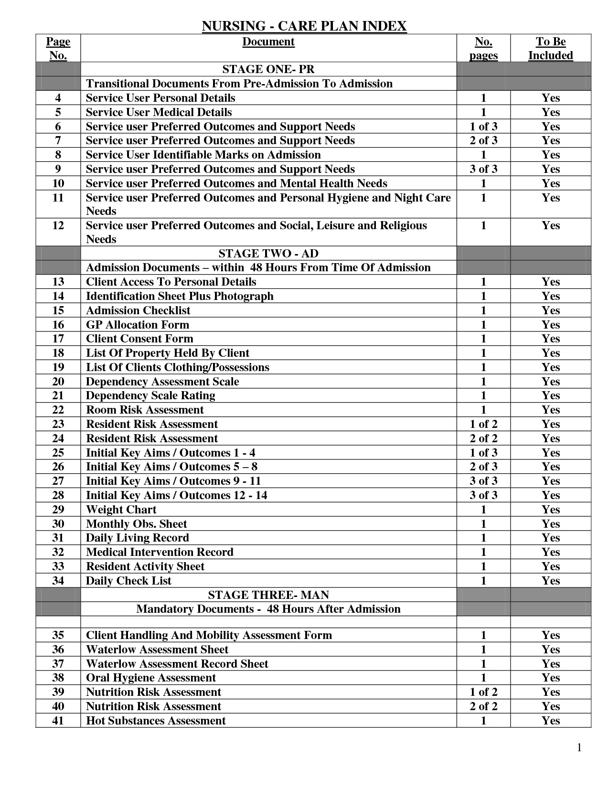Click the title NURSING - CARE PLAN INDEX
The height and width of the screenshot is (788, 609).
[304, 26]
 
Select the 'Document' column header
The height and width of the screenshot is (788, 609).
[268, 42]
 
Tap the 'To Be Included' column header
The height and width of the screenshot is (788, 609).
[550, 48]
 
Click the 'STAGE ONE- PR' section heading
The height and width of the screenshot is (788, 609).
[268, 69]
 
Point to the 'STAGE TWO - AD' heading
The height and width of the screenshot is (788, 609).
[268, 254]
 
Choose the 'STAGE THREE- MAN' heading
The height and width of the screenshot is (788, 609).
[268, 595]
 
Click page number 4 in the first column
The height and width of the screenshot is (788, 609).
[58, 98]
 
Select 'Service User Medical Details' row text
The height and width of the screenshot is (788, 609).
[159, 112]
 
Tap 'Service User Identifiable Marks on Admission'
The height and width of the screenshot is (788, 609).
[203, 155]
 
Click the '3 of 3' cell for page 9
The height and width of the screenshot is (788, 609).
[483, 169]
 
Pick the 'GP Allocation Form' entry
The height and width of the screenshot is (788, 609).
[138, 325]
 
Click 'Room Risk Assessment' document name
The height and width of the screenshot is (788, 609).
[145, 410]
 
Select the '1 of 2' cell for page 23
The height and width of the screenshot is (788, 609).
[483, 424]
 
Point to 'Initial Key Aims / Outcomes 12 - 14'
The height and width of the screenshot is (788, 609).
[176, 495]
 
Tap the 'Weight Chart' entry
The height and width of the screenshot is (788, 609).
[121, 510]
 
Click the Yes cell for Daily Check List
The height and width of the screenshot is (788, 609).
[550, 581]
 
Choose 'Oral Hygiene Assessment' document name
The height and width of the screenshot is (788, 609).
[151, 678]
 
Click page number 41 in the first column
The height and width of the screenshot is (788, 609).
[58, 721]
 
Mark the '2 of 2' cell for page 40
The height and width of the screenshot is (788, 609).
[483, 706]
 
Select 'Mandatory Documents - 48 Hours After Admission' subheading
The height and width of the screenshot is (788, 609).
[268, 609]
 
